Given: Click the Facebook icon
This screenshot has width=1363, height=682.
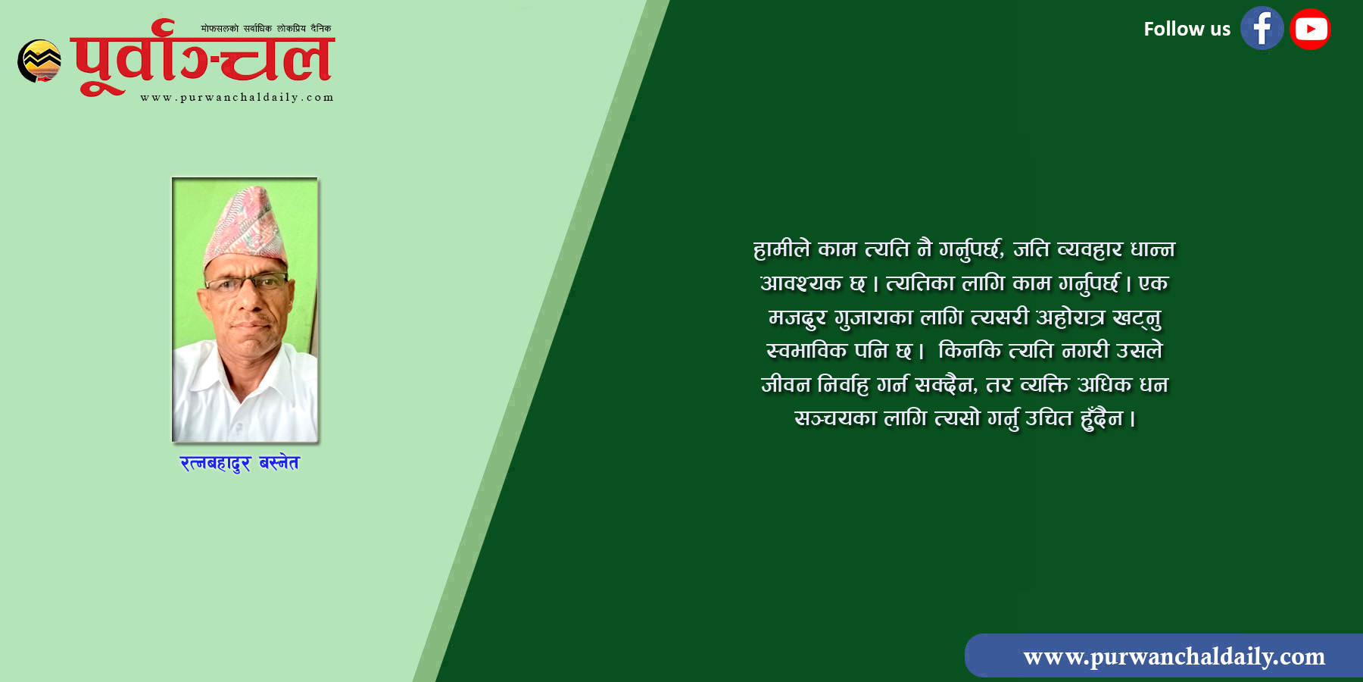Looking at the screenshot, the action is click(1262, 29).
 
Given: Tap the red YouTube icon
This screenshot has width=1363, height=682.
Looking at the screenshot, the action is click(1310, 30).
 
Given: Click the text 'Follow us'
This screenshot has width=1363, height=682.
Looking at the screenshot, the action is click(1187, 30).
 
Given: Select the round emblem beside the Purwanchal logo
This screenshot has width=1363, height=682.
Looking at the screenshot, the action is click(39, 61).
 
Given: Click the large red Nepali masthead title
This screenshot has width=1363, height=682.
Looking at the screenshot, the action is click(202, 58).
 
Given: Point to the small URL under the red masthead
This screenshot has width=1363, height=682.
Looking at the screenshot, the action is click(237, 98).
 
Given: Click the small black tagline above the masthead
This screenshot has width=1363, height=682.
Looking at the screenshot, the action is click(266, 28).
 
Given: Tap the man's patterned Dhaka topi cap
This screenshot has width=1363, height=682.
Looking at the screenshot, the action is click(245, 226).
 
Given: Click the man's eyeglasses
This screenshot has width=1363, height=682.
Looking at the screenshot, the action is click(247, 284).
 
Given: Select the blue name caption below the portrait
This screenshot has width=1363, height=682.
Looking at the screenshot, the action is click(239, 463).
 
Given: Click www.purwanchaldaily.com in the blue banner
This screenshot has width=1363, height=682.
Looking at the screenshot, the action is click(1174, 656).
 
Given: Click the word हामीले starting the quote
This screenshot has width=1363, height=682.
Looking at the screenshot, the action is click(781, 249).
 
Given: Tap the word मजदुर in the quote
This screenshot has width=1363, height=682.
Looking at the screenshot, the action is click(797, 318).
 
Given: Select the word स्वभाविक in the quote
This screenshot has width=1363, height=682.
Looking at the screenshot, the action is click(806, 351).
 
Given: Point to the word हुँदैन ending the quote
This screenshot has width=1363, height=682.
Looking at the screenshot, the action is click(1103, 418).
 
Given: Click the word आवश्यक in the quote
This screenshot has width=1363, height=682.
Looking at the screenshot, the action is click(801, 283).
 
